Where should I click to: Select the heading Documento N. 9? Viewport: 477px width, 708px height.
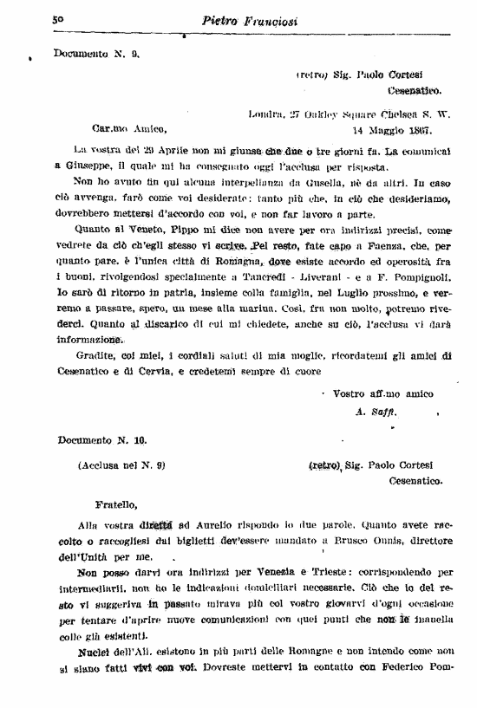[x=96, y=53]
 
